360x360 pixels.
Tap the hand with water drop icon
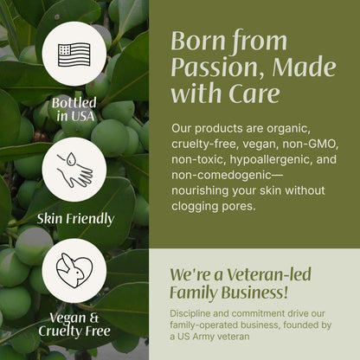(x=74, y=170)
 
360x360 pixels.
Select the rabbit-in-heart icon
(x=74, y=271)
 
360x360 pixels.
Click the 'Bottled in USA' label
(x=74, y=109)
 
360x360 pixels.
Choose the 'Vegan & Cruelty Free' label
(x=74, y=324)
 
